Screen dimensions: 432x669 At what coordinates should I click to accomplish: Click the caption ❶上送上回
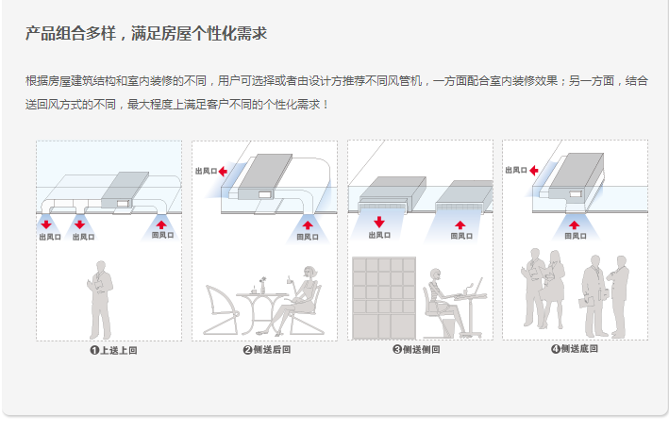pos(109,350)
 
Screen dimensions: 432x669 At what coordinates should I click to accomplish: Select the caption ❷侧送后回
pos(266,350)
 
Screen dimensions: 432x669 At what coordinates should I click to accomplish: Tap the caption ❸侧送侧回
pos(422,350)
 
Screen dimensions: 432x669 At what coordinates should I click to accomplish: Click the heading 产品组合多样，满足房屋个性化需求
pos(145,34)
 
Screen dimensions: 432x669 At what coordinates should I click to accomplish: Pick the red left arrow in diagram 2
pos(224,172)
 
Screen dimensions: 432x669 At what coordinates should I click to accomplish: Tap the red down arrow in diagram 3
pos(379,223)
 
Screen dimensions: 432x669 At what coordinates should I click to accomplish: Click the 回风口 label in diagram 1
pos(162,236)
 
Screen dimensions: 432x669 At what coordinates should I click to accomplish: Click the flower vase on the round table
pos(265,283)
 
